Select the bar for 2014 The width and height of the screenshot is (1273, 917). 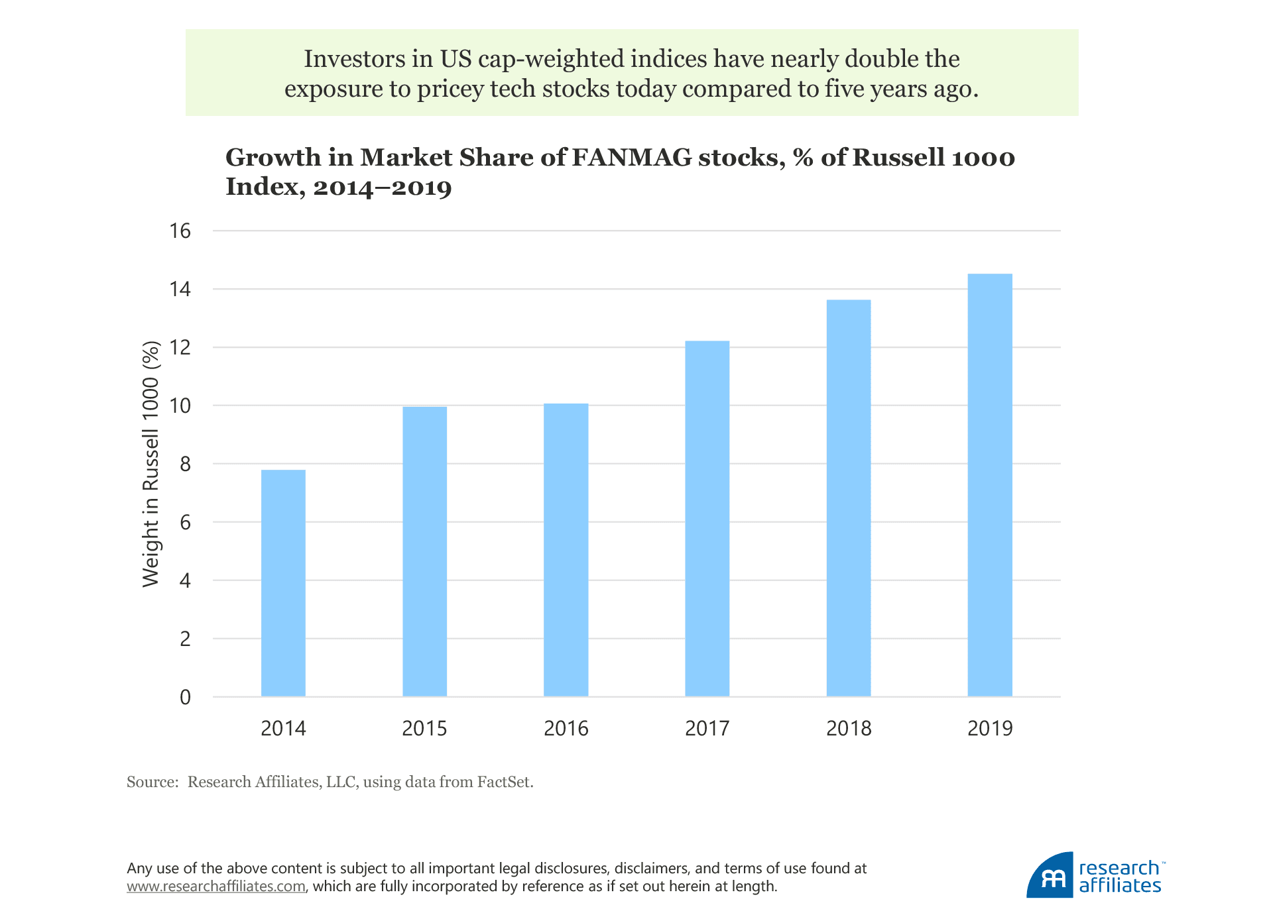point(283,583)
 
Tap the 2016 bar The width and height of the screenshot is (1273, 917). point(566,550)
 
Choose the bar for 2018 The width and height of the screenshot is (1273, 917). point(848,498)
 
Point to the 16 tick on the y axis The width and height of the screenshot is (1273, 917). point(180,231)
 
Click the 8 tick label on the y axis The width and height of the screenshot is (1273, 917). point(185,464)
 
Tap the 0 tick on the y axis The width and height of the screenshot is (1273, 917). point(185,697)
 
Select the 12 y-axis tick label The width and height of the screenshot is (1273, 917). point(180,348)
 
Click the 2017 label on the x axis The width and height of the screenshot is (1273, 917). point(707,729)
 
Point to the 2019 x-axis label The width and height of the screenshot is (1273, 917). point(990,729)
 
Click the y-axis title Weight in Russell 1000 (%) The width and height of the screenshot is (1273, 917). point(151,464)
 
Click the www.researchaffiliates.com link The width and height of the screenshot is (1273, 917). point(216,887)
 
